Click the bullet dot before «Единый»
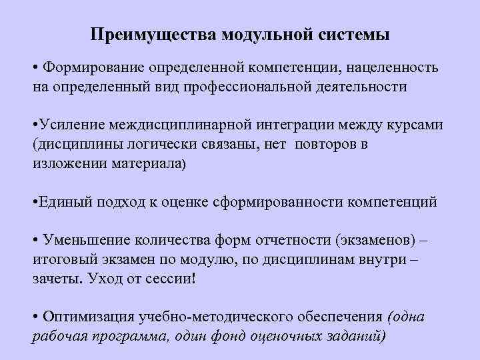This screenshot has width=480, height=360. (35, 202)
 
